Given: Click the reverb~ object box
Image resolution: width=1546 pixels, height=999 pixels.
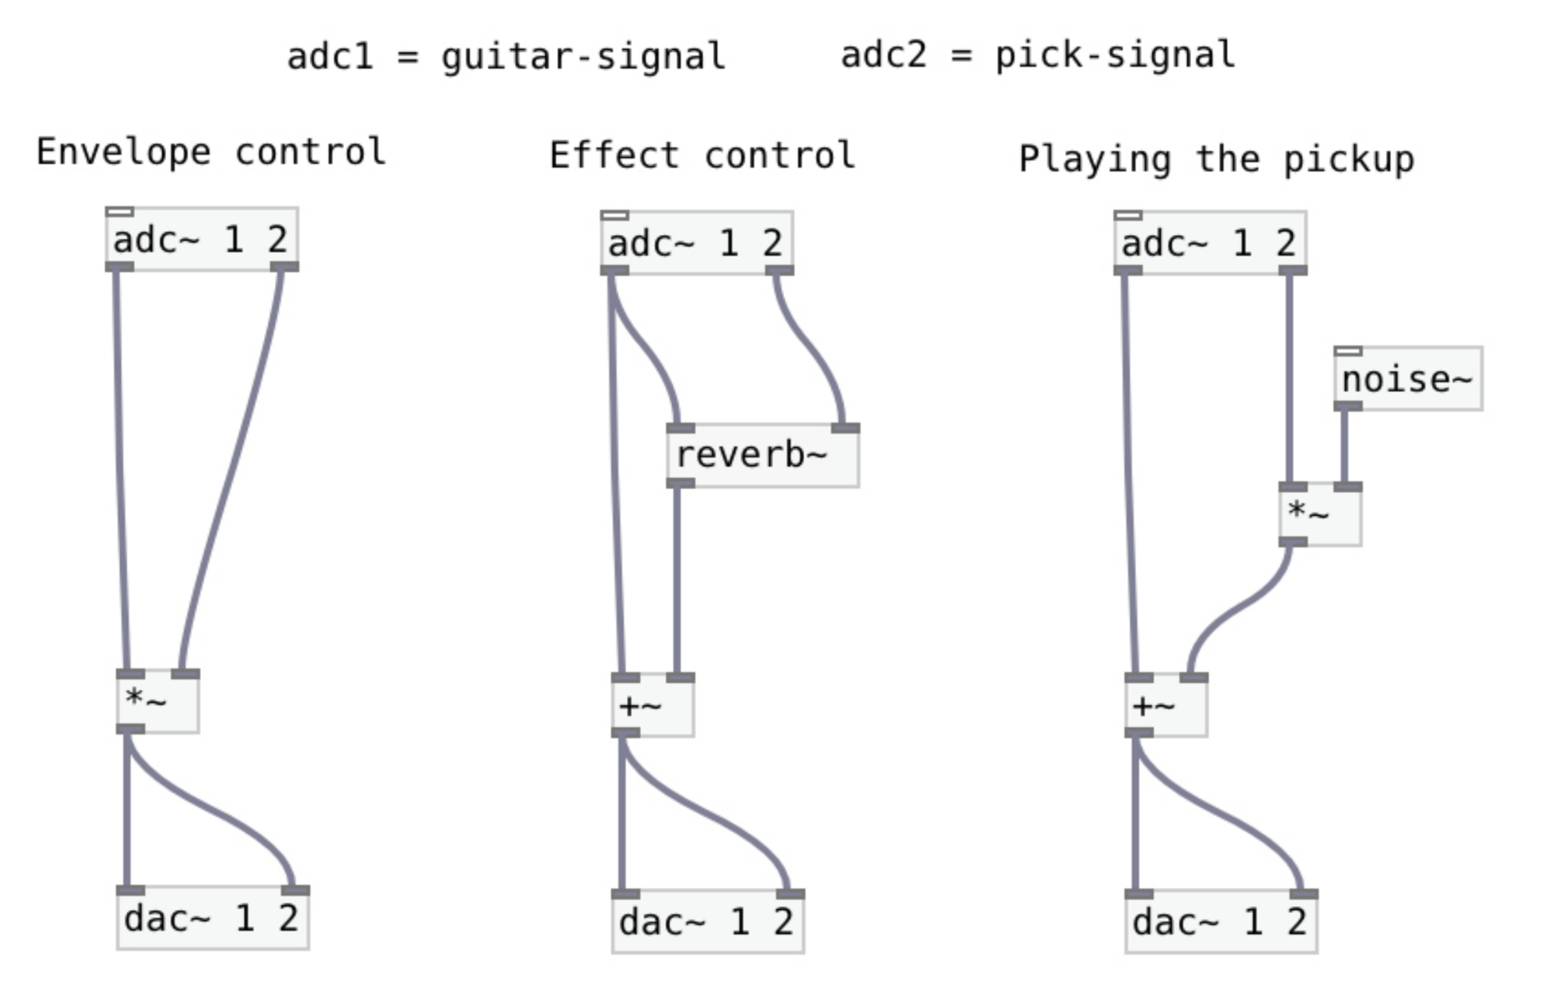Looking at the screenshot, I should point(762,456).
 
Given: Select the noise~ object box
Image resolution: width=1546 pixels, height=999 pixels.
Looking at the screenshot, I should point(1408,379).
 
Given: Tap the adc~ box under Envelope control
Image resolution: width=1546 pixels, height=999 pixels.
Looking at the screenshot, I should point(202,239).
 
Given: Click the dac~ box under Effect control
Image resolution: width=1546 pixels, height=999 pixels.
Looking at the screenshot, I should point(707,922).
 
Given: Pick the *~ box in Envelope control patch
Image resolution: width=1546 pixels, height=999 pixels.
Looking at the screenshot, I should point(158,701).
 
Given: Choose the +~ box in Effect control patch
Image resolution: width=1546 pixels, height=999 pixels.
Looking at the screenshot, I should point(653,706).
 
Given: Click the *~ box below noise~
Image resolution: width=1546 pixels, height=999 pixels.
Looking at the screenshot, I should point(1320,513).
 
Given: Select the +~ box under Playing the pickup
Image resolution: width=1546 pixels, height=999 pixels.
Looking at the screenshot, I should point(1165,706).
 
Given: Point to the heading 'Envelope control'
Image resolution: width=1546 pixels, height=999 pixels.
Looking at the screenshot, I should point(211,153).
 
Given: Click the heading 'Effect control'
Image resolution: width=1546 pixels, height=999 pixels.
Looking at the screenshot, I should point(702,156).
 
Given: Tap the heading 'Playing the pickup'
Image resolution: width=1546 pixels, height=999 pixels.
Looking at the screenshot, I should point(1216,159).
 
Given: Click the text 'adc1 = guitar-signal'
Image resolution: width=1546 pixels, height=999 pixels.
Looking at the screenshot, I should point(506,57).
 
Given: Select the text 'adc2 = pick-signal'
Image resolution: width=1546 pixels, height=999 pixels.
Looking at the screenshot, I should point(1038,55).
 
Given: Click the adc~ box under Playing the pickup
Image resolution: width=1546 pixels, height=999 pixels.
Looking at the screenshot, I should point(1210,243).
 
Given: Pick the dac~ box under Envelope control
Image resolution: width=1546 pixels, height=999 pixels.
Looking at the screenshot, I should point(212,919).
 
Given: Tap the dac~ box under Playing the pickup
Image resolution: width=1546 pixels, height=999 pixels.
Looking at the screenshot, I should point(1220,922).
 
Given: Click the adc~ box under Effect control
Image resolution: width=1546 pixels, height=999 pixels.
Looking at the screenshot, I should point(696,243).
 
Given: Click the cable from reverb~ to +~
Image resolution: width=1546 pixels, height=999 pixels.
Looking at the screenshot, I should point(677,581).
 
